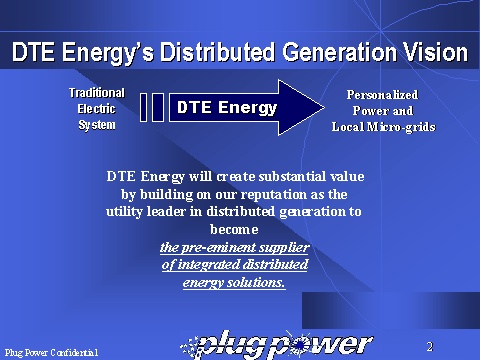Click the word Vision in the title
[x=435, y=52]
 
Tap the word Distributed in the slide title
[x=218, y=52]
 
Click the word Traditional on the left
[x=97, y=93]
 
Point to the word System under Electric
[x=97, y=125]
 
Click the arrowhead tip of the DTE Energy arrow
[x=324, y=107]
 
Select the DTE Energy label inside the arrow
[x=227, y=107]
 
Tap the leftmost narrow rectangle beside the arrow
[x=144, y=107]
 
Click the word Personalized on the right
[x=382, y=95]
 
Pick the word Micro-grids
[x=401, y=127]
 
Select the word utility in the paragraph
[x=124, y=212]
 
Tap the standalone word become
[x=234, y=229]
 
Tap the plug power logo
[x=277, y=345]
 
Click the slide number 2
[x=430, y=347]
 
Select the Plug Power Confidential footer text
[x=52, y=352]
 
